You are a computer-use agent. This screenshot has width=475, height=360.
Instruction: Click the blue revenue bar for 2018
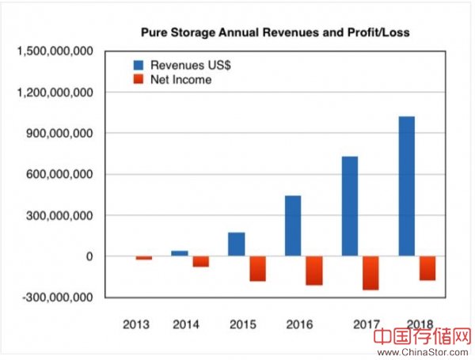coord(406,186)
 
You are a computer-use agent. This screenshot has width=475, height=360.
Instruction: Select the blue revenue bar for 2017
coord(349,206)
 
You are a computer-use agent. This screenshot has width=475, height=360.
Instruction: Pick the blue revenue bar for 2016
coord(292,225)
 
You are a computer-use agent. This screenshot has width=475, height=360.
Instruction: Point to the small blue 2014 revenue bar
coord(180,253)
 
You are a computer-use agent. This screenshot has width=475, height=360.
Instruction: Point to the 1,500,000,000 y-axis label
coord(56,51)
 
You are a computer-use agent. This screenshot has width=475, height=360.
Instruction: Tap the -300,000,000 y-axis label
coord(59,297)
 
